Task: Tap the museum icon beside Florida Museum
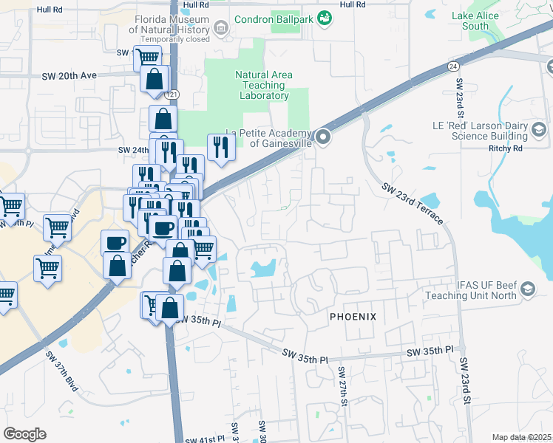pos(220,29)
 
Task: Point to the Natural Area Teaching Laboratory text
pos(264,85)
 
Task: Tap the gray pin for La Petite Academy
pos(323,137)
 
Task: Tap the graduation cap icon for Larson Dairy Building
pos(540,131)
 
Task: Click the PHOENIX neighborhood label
pos(353,317)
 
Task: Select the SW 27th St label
pos(343,385)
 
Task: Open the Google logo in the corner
pos(24,434)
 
